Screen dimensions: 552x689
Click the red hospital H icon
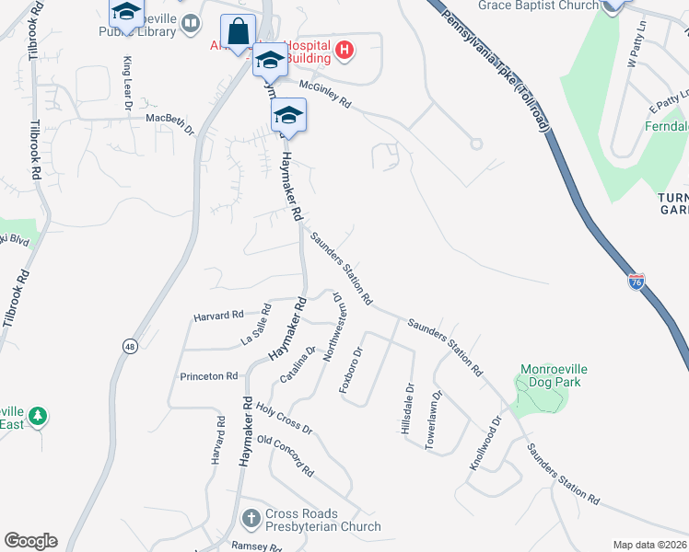point(344,50)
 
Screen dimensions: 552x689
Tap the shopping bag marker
point(239,32)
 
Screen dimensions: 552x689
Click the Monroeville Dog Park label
point(554,376)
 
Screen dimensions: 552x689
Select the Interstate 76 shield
point(636,281)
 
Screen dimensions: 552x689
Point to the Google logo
point(30,541)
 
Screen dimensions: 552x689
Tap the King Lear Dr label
point(127,82)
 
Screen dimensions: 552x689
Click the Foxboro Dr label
point(351,370)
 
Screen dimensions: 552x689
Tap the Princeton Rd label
point(209,376)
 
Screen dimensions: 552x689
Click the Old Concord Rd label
point(286,455)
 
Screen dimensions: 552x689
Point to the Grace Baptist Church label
point(539,6)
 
